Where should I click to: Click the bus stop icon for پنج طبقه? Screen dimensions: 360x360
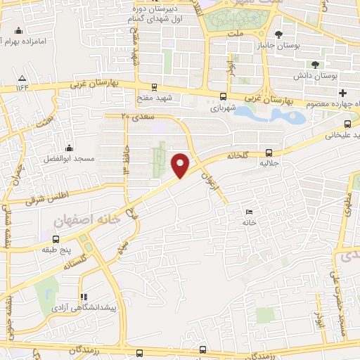point(56,238)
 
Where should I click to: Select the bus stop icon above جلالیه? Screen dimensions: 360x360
point(269,153)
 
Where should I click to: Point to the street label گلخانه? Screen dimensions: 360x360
point(243,154)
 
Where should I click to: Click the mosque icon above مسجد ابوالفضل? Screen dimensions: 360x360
point(70,148)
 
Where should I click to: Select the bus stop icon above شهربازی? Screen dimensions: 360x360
point(223,97)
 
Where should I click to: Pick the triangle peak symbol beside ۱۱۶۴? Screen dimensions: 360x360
point(22,77)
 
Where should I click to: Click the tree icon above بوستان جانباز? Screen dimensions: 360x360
point(279,34)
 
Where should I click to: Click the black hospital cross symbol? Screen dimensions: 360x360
point(342,93)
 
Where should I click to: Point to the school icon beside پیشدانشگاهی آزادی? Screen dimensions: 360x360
point(84,297)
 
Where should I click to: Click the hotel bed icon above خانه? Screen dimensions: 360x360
point(249,212)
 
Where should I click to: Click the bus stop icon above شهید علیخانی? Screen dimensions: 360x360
point(347,120)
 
